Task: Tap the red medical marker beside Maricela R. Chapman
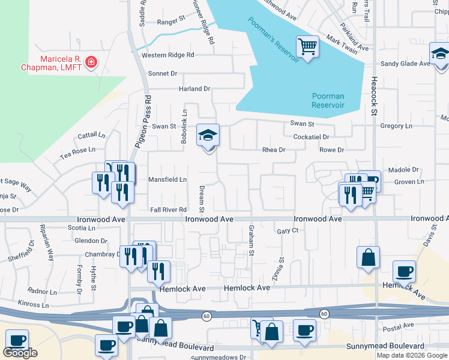click(x=91, y=62)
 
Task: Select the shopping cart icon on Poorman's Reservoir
click(x=307, y=46)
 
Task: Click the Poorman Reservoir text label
click(x=328, y=100)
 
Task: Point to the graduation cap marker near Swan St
click(x=208, y=135)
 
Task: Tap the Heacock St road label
click(x=373, y=95)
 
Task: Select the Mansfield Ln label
click(x=167, y=179)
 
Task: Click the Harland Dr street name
click(x=194, y=89)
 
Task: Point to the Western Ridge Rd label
click(x=168, y=55)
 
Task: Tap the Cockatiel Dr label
click(x=312, y=137)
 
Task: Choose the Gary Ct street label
click(x=288, y=231)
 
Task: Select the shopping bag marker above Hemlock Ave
click(x=369, y=257)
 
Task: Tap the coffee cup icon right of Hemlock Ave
click(x=404, y=271)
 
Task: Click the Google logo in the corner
click(x=20, y=353)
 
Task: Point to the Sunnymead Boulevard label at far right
click(x=385, y=346)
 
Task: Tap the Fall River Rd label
click(x=168, y=209)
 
